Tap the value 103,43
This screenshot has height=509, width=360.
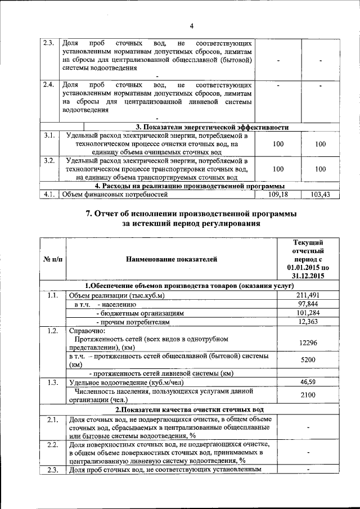(321, 195)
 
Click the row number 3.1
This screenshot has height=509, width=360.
(49, 136)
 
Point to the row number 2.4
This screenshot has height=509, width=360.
(49, 84)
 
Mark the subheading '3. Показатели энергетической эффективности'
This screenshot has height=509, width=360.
(213, 127)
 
